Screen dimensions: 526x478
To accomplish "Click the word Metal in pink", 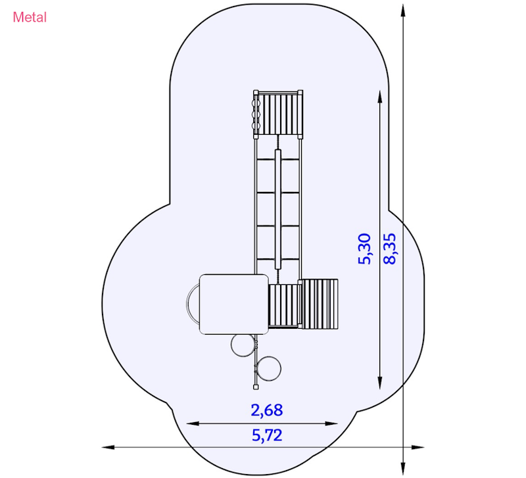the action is tap(30, 17).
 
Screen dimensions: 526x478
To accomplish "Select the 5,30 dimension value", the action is tap(365, 249).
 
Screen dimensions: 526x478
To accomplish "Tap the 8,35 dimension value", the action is tap(389, 249).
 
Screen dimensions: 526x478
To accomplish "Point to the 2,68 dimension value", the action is tap(267, 410).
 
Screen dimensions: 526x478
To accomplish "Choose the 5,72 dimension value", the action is tap(267, 435).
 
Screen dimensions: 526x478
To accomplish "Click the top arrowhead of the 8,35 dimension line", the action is tap(403, 10).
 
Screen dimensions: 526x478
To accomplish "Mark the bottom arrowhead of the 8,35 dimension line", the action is tap(403, 468).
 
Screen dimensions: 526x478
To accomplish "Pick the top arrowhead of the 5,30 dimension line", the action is tap(380, 97).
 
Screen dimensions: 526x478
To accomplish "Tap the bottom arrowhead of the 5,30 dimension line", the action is tap(380, 383).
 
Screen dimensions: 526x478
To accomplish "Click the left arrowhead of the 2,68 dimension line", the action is tap(193, 423).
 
